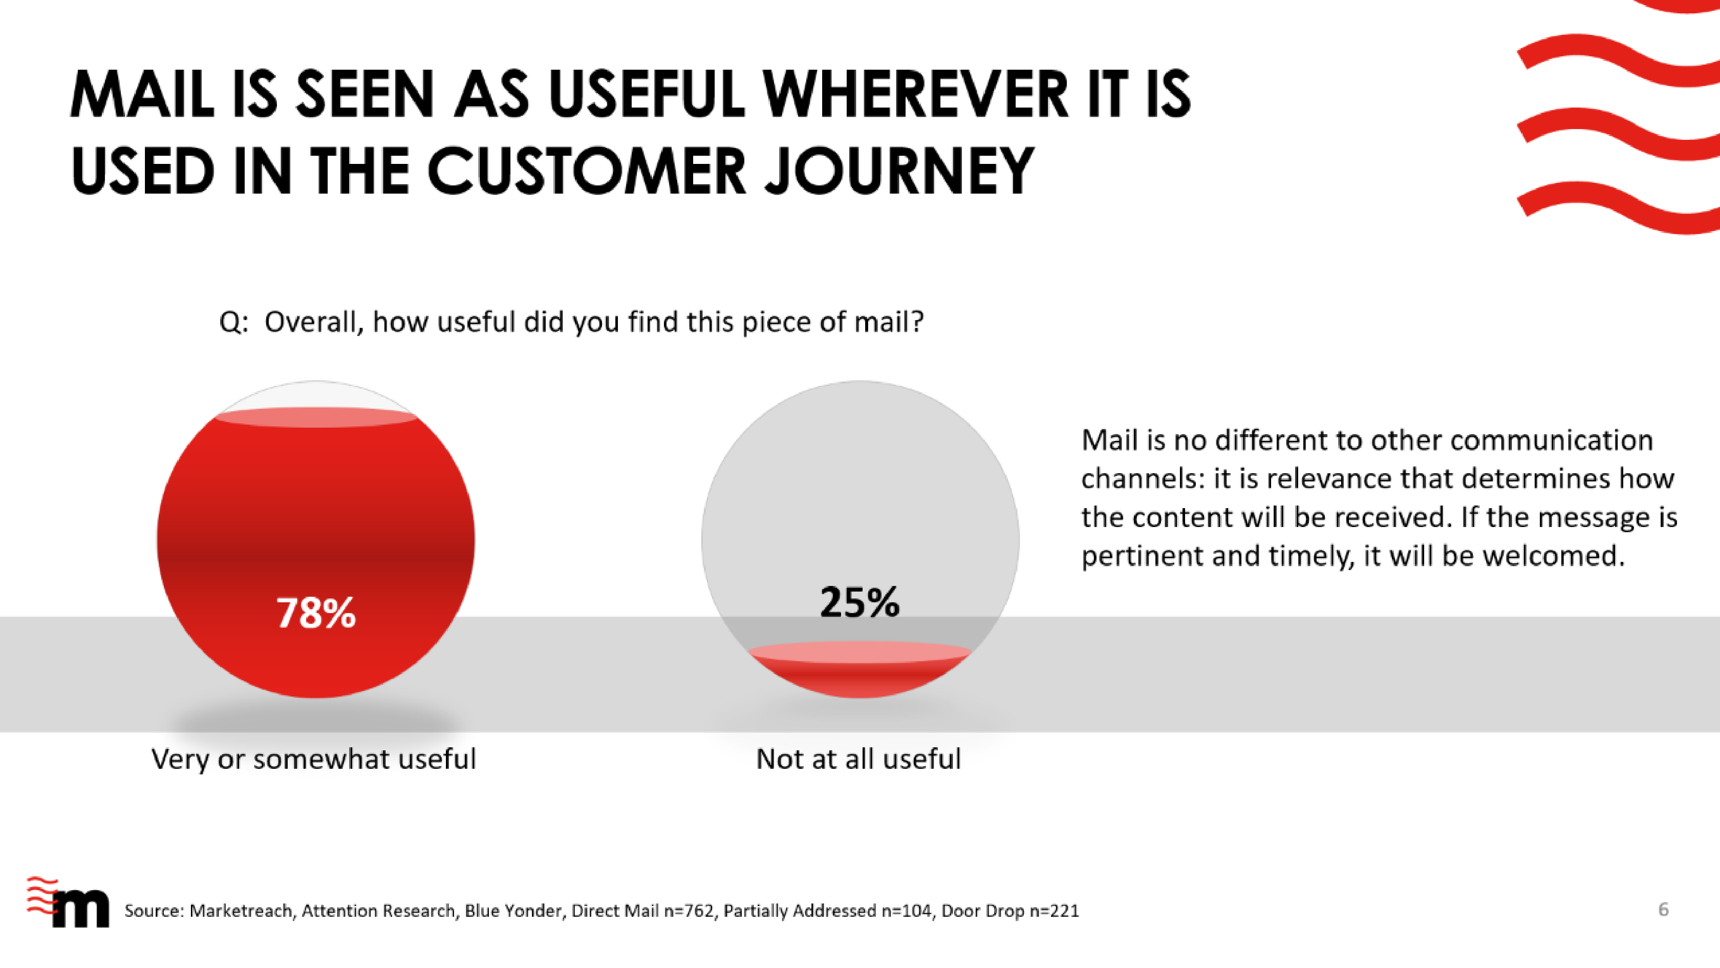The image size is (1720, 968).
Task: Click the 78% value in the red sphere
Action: (x=316, y=613)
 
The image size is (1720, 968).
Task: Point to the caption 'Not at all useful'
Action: (x=858, y=759)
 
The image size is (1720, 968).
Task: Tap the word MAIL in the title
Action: (x=142, y=94)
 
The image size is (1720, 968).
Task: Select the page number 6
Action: (x=1663, y=909)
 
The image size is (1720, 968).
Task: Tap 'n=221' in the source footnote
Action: (x=1053, y=910)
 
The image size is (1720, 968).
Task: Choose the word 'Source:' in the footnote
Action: (x=154, y=910)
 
